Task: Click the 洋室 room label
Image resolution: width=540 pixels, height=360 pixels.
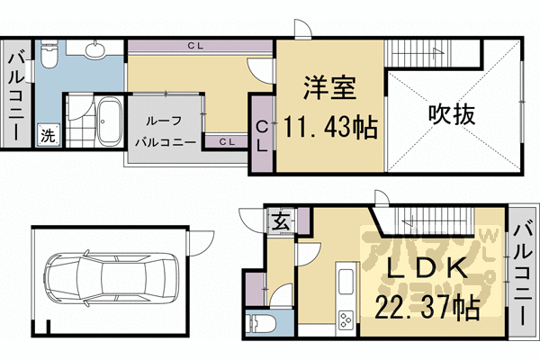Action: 329,90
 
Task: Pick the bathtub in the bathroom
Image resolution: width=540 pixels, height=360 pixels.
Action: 110,120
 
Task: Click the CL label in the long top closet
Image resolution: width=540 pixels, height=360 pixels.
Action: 195,45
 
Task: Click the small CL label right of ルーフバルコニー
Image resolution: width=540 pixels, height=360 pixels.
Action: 227,141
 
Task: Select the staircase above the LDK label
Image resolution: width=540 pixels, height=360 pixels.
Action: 432,217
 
